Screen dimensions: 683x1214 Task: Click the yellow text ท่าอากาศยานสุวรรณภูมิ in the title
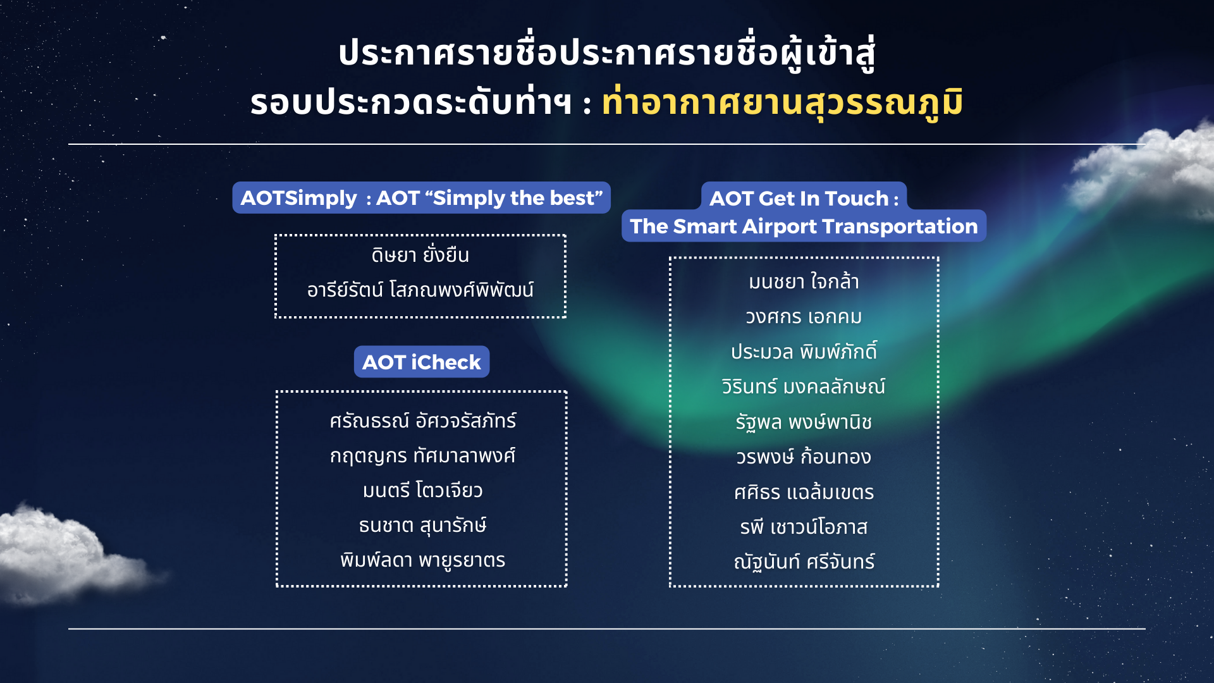click(782, 103)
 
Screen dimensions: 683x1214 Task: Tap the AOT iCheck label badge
click(421, 362)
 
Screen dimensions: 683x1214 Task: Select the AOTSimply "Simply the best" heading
click(421, 198)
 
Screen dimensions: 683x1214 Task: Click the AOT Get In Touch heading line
click(804, 198)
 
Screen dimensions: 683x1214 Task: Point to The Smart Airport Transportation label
click(804, 226)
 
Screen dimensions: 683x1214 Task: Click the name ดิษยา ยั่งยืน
click(420, 255)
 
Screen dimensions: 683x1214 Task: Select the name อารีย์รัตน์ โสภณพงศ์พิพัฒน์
click(420, 290)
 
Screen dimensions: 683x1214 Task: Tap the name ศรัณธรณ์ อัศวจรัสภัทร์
click(422, 421)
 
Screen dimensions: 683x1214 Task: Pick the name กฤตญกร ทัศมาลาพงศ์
click(422, 455)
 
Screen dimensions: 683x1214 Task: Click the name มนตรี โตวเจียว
click(422, 490)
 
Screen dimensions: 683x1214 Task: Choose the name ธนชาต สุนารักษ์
click(422, 525)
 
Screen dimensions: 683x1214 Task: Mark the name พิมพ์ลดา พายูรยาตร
click(422, 560)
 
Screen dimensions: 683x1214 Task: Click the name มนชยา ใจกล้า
click(804, 281)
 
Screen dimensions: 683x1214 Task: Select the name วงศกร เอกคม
click(804, 317)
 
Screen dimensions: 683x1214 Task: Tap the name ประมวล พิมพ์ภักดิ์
click(804, 352)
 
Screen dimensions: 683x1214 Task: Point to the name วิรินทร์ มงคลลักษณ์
click(804, 386)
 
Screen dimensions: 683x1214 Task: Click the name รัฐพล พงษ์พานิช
click(804, 422)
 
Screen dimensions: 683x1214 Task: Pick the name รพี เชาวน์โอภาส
click(804, 527)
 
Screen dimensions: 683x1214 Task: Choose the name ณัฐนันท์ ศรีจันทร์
click(804, 562)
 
